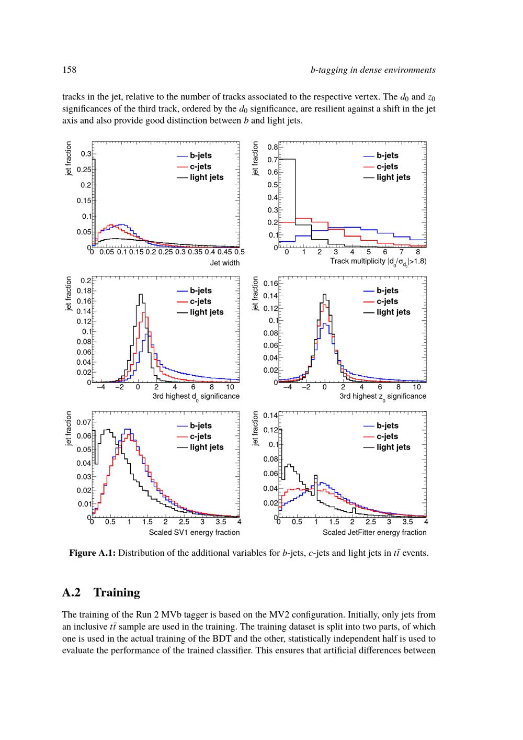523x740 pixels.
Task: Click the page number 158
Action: tap(69, 70)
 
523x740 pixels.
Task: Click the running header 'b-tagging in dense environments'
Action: tap(373, 70)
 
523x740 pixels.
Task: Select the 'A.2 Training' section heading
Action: tap(101, 592)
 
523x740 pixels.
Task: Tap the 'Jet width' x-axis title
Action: tap(225, 263)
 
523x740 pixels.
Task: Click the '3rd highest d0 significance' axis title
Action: tap(196, 397)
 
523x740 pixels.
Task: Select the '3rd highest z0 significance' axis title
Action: tap(383, 397)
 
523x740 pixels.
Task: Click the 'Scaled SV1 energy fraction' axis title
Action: tap(194, 532)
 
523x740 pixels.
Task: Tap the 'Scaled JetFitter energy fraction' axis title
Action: tap(374, 532)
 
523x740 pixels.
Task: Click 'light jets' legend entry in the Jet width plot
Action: tap(207, 177)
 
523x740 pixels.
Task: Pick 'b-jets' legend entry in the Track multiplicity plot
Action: tap(387, 155)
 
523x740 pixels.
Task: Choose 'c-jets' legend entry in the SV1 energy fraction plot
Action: tap(200, 436)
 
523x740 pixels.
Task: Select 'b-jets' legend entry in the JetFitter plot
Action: tap(387, 425)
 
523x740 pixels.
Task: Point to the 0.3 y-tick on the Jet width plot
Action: tap(86, 154)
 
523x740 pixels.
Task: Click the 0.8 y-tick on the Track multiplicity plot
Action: tap(272, 147)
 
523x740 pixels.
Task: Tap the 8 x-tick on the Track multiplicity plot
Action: tap(418, 252)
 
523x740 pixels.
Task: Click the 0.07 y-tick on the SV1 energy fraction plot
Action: tap(84, 422)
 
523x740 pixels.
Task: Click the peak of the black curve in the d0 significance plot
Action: tap(140, 295)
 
